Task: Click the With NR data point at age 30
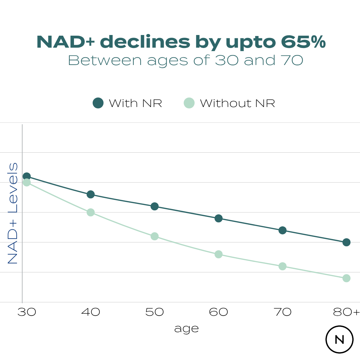click(27, 176)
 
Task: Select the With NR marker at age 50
click(154, 206)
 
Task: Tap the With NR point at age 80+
click(346, 242)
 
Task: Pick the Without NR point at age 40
click(91, 212)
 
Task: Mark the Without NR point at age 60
click(218, 254)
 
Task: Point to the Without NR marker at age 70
click(282, 266)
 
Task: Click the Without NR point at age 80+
click(346, 278)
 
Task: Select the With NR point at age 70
click(282, 230)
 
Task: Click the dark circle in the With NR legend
click(98, 103)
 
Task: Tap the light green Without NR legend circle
click(189, 103)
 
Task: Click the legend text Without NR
click(237, 103)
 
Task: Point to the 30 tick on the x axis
click(27, 312)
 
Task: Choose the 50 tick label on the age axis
click(154, 312)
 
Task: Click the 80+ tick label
click(347, 312)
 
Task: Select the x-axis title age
click(186, 329)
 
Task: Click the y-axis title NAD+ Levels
click(13, 213)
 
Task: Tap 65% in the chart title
click(303, 42)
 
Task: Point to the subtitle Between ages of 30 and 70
click(185, 61)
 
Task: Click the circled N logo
click(339, 339)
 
